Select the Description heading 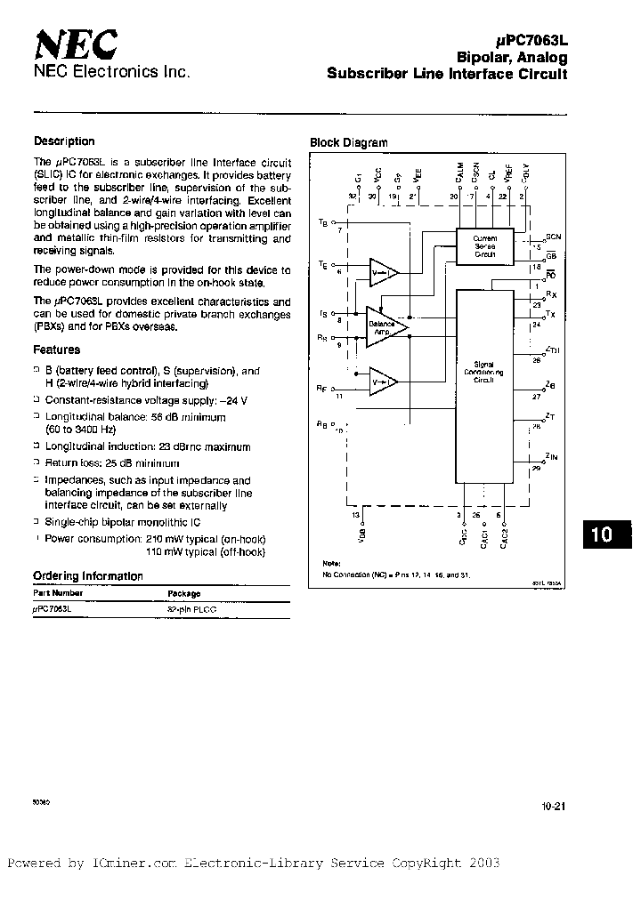[64, 141]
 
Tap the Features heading [57, 350]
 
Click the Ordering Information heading [88, 575]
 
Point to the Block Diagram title [349, 143]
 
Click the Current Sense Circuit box [485, 245]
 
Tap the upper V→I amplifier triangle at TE [383, 271]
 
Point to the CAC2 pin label [504, 538]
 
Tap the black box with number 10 [602, 534]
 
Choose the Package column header [184, 593]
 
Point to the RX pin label [551, 295]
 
